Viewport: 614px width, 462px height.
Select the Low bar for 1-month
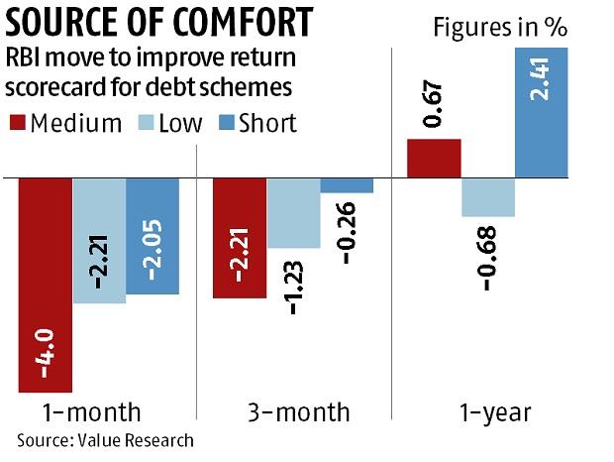pos(99,241)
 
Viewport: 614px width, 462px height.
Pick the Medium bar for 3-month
pos(240,238)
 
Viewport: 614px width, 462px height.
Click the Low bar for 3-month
pos(293,213)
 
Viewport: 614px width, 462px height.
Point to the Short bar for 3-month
pos(347,185)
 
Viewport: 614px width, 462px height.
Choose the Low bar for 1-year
pos(487,197)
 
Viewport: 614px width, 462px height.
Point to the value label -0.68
pos(488,258)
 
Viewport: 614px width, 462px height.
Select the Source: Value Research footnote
pos(105,439)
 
